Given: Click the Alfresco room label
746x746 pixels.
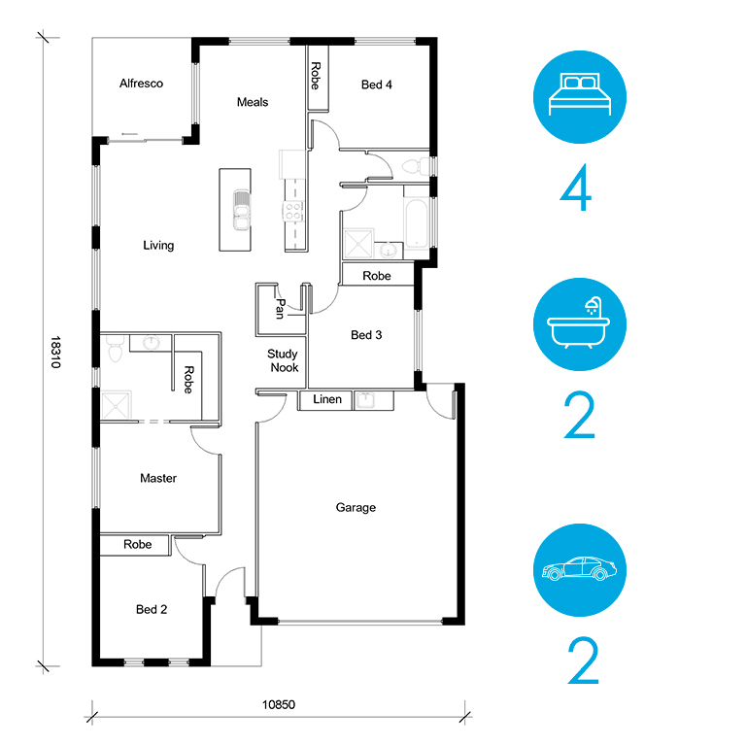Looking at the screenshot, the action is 141,84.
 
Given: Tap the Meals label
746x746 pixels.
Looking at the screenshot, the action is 253,102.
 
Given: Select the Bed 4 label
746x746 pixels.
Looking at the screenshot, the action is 376,85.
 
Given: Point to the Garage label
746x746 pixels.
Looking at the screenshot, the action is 356,508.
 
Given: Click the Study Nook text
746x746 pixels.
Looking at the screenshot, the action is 284,360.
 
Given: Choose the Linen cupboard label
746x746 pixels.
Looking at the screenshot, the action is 327,399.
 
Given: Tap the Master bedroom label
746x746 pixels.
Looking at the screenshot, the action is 158,478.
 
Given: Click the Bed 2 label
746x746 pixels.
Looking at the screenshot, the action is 152,609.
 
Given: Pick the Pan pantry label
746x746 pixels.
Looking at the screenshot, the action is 280,309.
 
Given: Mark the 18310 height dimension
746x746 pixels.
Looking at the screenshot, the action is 55,352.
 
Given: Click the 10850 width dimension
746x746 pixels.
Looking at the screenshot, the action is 279,704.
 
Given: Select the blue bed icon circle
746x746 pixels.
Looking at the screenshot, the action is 580,97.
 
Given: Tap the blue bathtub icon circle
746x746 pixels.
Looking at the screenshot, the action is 580,324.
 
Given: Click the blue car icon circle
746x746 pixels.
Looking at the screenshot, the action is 580,570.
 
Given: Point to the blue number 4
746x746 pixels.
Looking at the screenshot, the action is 576,187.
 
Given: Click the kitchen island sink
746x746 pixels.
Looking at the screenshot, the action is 242,210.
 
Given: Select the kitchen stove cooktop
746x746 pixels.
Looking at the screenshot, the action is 293,211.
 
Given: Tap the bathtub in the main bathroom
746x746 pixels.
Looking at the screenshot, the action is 417,223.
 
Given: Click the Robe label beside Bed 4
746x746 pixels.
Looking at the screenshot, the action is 316,76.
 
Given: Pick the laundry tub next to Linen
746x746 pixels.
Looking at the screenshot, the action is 366,400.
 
